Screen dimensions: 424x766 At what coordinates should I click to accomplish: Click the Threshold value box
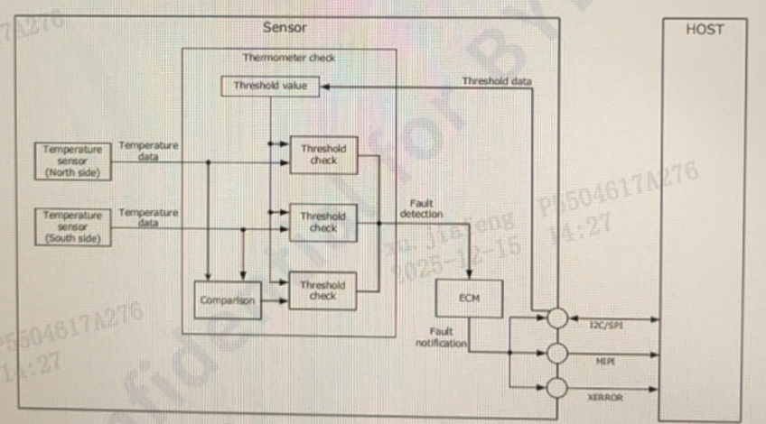(x=270, y=87)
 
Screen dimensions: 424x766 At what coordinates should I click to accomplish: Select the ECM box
(x=469, y=299)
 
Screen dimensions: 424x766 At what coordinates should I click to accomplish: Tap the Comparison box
(x=227, y=300)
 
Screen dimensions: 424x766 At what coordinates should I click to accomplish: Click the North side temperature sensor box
(x=73, y=160)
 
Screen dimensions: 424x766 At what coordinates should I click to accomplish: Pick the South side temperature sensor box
(x=73, y=226)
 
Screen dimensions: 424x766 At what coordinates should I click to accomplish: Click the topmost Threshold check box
(x=322, y=154)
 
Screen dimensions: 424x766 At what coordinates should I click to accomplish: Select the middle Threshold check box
(x=322, y=222)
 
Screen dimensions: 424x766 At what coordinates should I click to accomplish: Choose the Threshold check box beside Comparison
(x=322, y=290)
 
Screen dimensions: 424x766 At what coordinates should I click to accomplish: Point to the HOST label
(x=705, y=29)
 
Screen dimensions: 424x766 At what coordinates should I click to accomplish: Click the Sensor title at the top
(x=285, y=28)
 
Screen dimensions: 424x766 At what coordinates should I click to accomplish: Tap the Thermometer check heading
(x=289, y=58)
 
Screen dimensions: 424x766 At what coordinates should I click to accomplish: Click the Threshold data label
(x=497, y=81)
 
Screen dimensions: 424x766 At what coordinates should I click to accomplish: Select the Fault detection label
(x=421, y=209)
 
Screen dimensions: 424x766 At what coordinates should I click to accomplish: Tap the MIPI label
(x=604, y=360)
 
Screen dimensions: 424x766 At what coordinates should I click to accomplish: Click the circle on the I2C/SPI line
(x=558, y=318)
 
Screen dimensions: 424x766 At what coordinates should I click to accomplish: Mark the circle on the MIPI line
(x=558, y=353)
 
